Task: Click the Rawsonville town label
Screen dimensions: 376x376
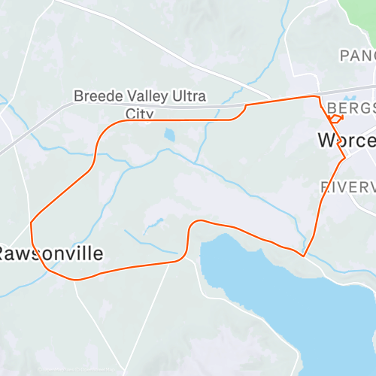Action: click(51, 253)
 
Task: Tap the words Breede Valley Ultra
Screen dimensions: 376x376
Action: click(138, 97)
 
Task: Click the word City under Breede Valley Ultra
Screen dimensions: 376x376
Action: click(139, 114)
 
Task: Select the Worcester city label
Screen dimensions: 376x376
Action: click(346, 141)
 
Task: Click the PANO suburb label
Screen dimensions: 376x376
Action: click(356, 55)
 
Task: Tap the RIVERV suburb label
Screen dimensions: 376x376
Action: click(347, 186)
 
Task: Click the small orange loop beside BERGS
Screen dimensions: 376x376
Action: click(335, 118)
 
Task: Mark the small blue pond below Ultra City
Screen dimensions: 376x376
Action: click(169, 135)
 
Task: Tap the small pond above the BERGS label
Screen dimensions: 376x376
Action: click(350, 98)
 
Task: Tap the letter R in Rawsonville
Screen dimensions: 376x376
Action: click(5, 253)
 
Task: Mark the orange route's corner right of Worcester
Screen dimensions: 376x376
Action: click(344, 158)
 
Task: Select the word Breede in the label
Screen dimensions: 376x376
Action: click(94, 97)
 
